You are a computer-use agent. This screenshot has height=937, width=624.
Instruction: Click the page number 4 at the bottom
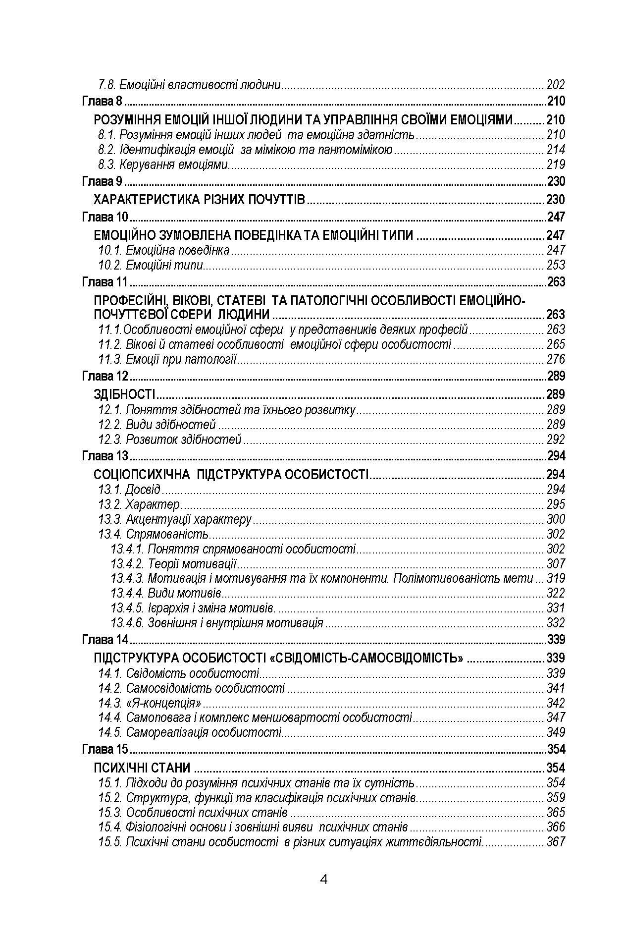324,880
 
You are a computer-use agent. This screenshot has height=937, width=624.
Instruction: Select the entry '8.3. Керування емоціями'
163,164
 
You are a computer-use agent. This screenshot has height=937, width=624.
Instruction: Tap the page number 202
555,85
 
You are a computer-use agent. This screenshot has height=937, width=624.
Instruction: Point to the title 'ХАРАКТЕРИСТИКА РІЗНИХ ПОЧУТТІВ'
199,200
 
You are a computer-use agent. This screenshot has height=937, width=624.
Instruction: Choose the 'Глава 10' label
104,217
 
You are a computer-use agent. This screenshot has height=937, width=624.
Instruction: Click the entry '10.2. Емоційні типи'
151,265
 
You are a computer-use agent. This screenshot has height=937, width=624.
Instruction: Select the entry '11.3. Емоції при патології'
167,359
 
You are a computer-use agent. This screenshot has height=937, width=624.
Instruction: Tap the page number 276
555,359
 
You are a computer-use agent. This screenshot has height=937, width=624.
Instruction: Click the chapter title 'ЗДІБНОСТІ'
124,394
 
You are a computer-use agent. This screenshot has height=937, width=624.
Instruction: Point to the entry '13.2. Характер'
139,504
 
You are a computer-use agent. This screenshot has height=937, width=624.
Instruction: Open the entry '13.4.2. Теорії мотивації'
173,563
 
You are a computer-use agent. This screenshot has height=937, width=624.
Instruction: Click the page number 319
555,578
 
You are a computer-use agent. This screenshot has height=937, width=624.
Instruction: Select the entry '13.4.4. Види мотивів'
166,593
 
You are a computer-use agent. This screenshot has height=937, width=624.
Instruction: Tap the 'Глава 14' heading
104,639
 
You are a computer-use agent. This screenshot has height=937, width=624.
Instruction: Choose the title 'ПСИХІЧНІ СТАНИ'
142,768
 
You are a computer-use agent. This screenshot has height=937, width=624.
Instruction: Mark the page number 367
555,841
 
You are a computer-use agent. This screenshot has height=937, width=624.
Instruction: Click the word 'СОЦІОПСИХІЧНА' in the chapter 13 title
142,475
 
